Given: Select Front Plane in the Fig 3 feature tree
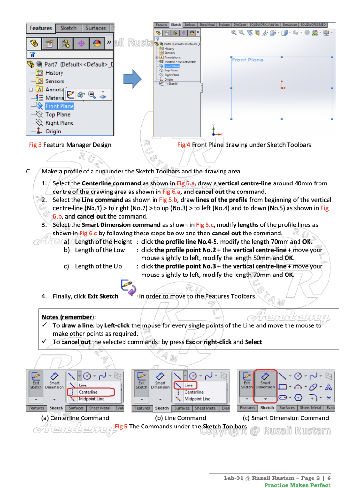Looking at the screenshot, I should click(x=59, y=106).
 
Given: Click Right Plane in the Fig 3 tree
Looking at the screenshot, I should click(x=59, y=123).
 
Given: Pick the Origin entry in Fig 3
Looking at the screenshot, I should click(x=53, y=131).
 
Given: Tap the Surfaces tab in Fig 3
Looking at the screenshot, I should click(x=95, y=28).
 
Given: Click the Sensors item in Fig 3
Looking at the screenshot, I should click(x=54, y=81).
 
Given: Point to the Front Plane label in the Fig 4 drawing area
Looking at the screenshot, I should click(x=247, y=60).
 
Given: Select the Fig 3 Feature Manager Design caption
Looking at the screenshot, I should click(x=70, y=145).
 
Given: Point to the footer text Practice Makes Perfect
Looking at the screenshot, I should click(x=297, y=485).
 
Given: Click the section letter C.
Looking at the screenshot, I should click(x=29, y=171).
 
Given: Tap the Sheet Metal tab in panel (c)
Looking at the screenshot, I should click(x=310, y=408).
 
